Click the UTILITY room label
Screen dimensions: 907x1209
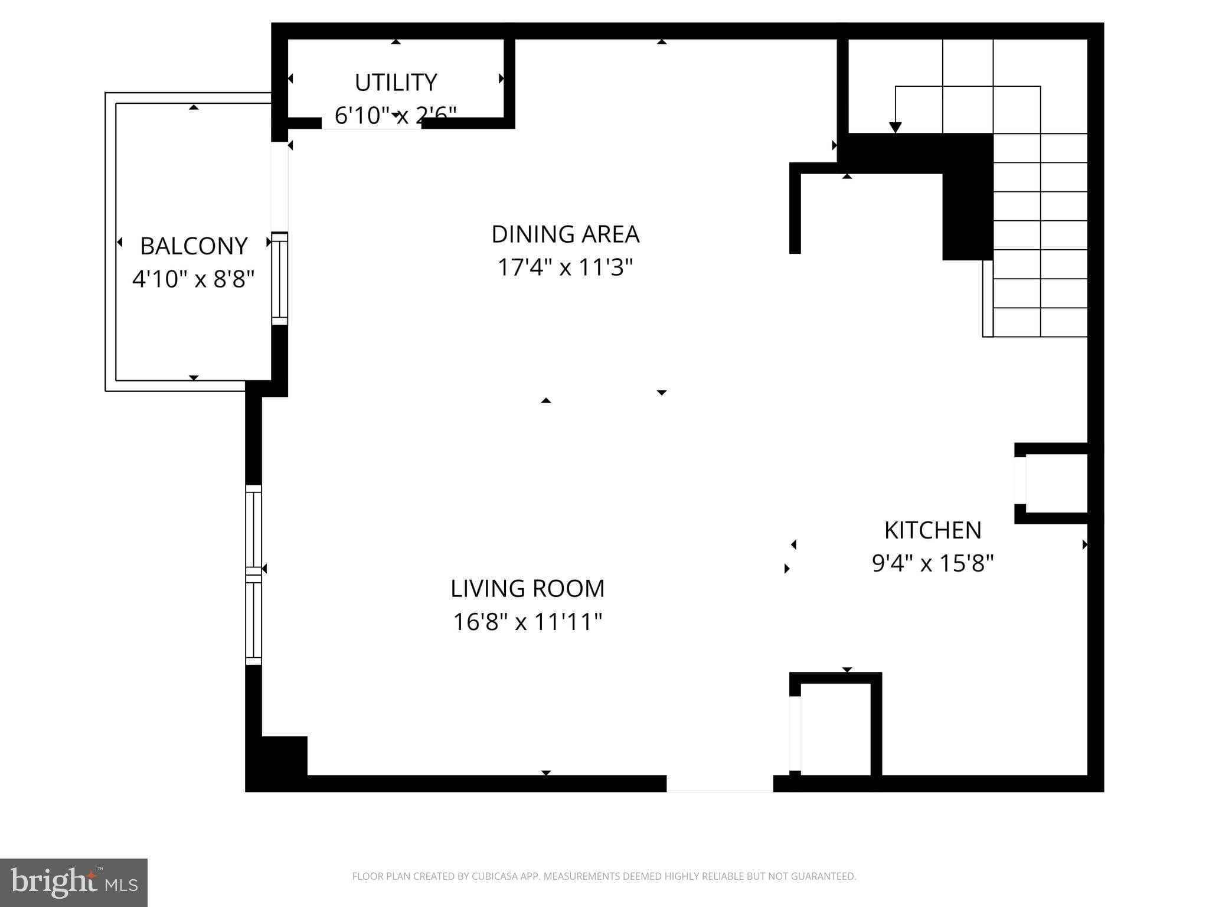[396, 83]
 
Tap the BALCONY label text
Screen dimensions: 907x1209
[194, 246]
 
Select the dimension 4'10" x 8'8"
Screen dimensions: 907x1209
[194, 279]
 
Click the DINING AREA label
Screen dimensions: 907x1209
[565, 234]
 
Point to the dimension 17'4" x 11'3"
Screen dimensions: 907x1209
[565, 267]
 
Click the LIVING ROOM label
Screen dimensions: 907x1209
[527, 589]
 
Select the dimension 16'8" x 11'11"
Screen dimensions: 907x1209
[527, 622]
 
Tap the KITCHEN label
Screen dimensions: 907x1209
[933, 530]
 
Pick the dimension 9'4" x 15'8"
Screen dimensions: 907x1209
[933, 563]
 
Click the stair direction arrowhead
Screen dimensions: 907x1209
[895, 128]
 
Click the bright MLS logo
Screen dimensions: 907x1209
[73, 882]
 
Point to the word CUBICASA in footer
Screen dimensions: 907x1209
[494, 876]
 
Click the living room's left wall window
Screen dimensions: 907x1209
[253, 575]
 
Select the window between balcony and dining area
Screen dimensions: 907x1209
[279, 279]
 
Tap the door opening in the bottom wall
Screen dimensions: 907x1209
[720, 784]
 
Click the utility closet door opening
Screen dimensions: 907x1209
[371, 123]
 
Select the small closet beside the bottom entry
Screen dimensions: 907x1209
[835, 729]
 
